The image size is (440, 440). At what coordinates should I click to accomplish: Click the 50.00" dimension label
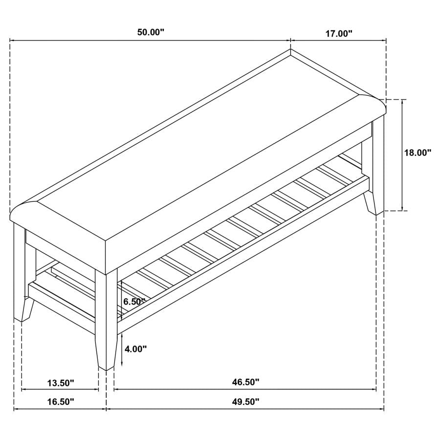pyautogui.click(x=151, y=33)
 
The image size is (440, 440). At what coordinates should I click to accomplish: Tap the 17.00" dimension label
pyautogui.click(x=338, y=34)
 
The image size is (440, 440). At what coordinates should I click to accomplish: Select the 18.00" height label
pyautogui.click(x=418, y=153)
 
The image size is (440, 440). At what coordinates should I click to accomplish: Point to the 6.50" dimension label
pyautogui.click(x=134, y=302)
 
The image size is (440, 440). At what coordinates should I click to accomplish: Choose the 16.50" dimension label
pyautogui.click(x=61, y=402)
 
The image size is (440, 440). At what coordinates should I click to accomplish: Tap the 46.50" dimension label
pyautogui.click(x=246, y=382)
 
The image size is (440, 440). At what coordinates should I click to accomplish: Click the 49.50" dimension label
pyautogui.click(x=246, y=402)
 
